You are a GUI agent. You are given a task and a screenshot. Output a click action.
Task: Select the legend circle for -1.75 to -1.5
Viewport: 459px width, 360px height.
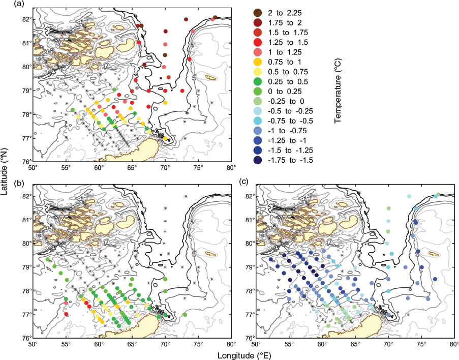(x=258, y=160)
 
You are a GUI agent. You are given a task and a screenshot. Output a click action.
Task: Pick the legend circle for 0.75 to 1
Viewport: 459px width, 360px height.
(x=258, y=62)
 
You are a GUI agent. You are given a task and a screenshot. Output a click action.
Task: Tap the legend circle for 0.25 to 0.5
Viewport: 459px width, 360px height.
(x=258, y=81)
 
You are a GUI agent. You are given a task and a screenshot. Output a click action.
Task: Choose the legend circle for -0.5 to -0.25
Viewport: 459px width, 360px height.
(x=258, y=111)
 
